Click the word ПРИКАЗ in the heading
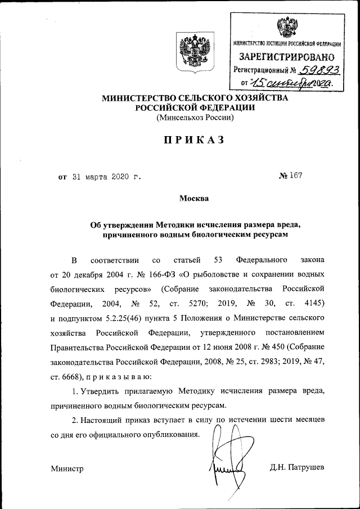pos(194,140)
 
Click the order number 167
pos(294,176)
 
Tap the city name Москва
pos(194,199)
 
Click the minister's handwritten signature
pos(228,461)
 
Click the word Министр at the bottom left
pos(67,468)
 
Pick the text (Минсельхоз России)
pos(194,119)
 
